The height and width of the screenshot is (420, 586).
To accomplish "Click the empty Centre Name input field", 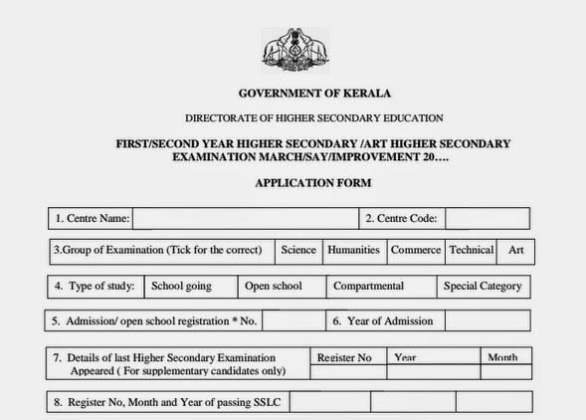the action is (x=245, y=218).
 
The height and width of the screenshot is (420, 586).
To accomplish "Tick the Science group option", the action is (x=298, y=250).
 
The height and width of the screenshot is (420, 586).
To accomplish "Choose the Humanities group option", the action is (x=354, y=250).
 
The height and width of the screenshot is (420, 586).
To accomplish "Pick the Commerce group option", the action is (x=415, y=250).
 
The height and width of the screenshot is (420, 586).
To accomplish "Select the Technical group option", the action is (x=471, y=250).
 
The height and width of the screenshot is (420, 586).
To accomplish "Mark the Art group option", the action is (x=516, y=250).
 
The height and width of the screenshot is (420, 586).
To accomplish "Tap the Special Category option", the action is (x=483, y=286).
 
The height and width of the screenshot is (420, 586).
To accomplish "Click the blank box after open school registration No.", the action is (x=293, y=321).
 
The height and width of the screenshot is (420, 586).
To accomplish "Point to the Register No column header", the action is (x=344, y=357).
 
